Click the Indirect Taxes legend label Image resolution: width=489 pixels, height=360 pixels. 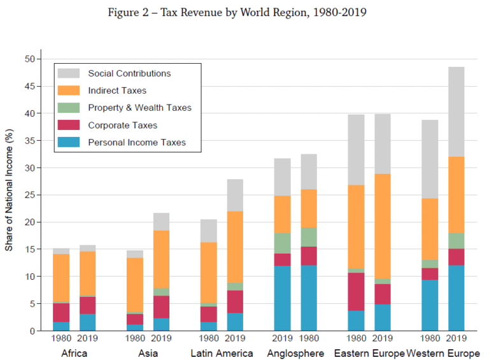pos(117,90)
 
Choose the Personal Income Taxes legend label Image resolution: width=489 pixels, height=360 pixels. pos(137,142)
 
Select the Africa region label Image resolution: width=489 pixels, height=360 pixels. pos(75,353)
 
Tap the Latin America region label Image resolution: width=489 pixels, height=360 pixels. pos(222,353)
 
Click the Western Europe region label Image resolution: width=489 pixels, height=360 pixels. pos(444,353)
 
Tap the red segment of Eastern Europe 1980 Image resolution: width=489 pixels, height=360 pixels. pos(357,292)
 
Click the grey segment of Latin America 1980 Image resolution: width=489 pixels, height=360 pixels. pos(209,231)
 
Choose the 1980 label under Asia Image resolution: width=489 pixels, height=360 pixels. pos(135,339)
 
